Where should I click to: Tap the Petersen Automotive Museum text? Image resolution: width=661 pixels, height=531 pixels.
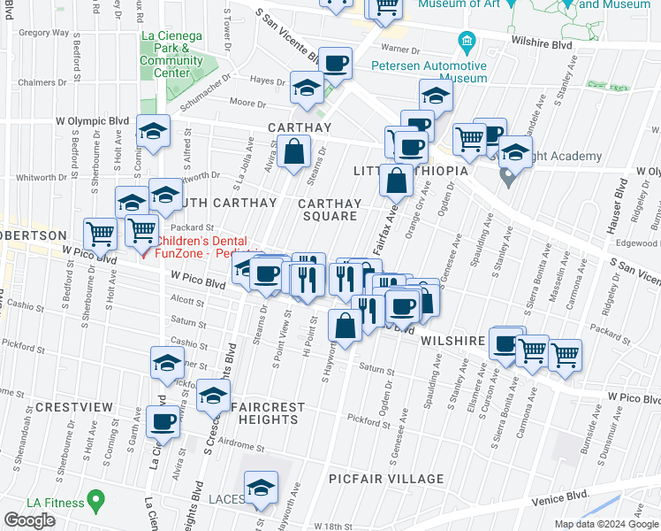click(439, 72)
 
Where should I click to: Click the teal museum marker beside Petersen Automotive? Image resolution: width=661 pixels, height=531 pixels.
click(467, 42)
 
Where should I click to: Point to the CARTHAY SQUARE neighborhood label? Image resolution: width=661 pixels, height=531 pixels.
click(330, 210)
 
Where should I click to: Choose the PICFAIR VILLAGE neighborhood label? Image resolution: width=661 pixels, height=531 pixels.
click(385, 479)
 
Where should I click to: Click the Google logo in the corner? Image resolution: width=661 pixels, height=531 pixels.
click(30, 519)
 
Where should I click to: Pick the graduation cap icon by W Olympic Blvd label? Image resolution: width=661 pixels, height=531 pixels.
click(153, 131)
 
